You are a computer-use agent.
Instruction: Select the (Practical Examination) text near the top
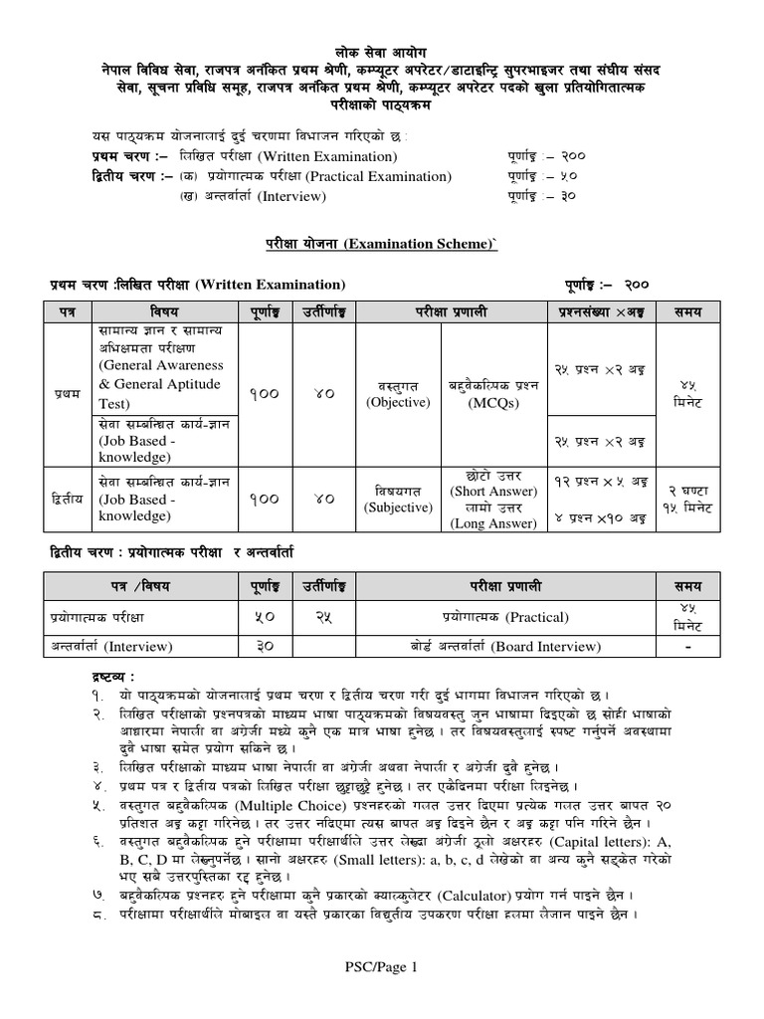(378, 176)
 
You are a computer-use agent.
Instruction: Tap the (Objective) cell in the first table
(397, 402)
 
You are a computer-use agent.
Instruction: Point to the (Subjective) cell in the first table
(397, 508)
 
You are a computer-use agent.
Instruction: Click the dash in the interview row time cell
(686, 647)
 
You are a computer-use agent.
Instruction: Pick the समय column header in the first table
(686, 311)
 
